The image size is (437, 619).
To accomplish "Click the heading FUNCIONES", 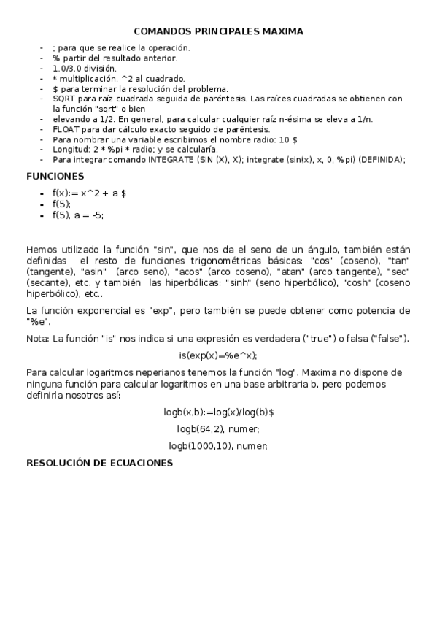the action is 55,176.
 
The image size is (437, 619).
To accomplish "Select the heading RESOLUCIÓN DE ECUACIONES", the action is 99,462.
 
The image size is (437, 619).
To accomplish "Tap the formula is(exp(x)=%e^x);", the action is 218,355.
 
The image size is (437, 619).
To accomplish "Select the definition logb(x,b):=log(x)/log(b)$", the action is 219,412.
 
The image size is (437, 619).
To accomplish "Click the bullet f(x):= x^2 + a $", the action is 90,193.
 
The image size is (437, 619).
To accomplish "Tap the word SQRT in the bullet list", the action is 63,98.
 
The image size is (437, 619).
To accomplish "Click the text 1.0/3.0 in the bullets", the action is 69,68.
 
